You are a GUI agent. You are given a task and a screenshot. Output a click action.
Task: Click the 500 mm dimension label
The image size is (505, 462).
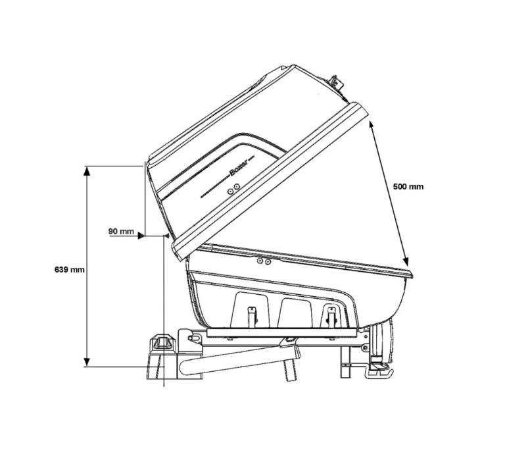pyautogui.click(x=408, y=187)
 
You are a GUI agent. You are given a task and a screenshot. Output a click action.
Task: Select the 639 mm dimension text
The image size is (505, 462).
pyautogui.click(x=70, y=270)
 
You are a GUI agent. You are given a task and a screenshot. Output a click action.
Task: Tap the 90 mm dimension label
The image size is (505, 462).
pyautogui.click(x=121, y=231)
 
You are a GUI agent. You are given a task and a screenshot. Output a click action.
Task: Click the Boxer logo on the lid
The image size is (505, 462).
pyautogui.click(x=238, y=167)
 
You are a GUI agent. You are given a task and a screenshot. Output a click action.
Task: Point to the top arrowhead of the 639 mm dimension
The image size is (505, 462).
pyautogui.click(x=86, y=171)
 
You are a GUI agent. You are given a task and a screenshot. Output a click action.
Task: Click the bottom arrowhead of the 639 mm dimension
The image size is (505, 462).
pyautogui.click(x=86, y=362)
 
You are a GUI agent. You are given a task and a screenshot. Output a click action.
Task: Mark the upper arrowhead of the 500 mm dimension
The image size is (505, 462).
pyautogui.click(x=372, y=125)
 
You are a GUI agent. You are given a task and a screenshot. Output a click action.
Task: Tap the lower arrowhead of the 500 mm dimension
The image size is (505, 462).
pyautogui.click(x=406, y=262)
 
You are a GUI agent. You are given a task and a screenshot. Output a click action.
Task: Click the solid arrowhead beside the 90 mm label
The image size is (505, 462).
pyautogui.click(x=141, y=236)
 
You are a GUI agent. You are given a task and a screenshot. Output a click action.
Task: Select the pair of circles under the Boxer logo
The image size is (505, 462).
pyautogui.click(x=233, y=189)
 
